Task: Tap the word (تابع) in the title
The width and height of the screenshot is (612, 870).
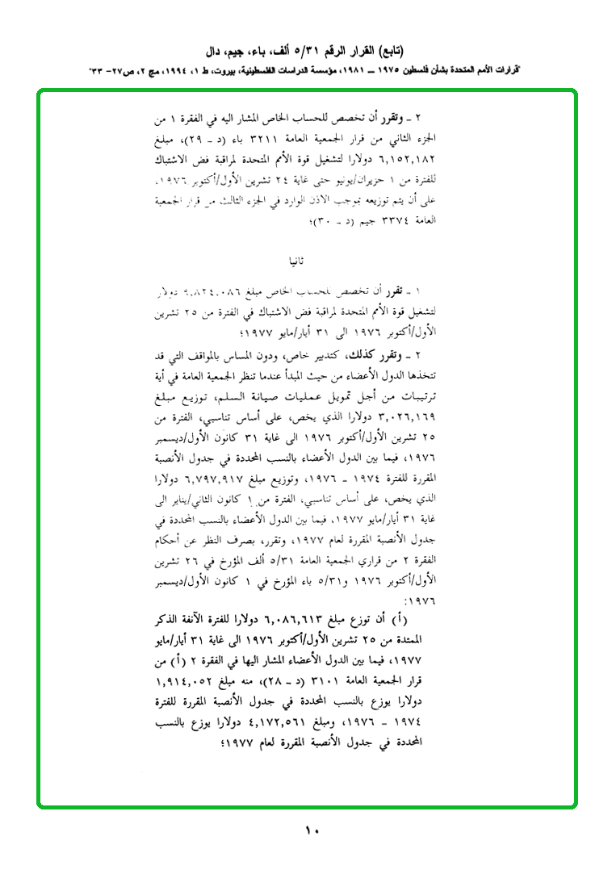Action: click(411, 52)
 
